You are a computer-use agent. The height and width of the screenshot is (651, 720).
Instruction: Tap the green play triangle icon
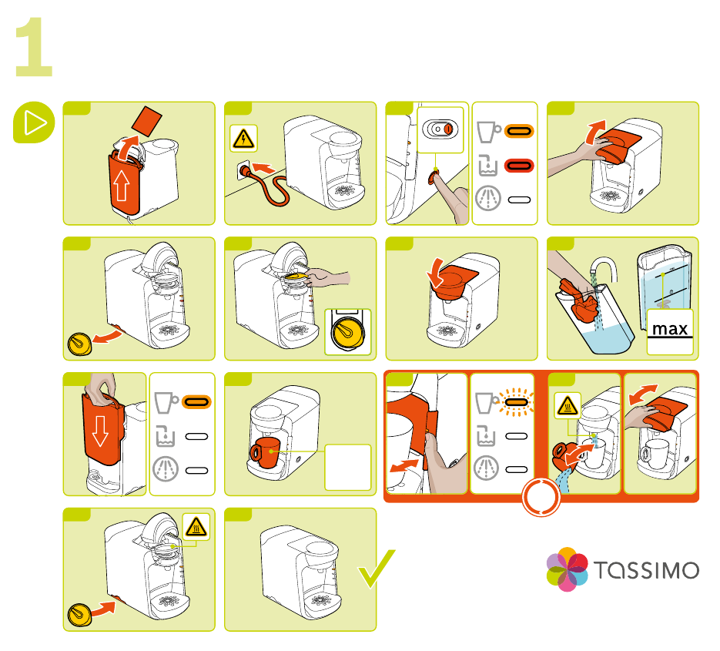tap(33, 123)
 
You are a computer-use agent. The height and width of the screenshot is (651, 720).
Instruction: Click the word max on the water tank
tap(669, 329)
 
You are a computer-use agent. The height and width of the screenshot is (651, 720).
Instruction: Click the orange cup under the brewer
tap(264, 452)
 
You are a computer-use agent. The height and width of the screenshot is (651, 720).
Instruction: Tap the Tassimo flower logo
tap(568, 570)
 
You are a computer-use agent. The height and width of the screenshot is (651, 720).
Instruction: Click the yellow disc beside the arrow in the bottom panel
tap(79, 614)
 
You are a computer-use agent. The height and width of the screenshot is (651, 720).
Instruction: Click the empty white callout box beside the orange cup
tap(347, 466)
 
